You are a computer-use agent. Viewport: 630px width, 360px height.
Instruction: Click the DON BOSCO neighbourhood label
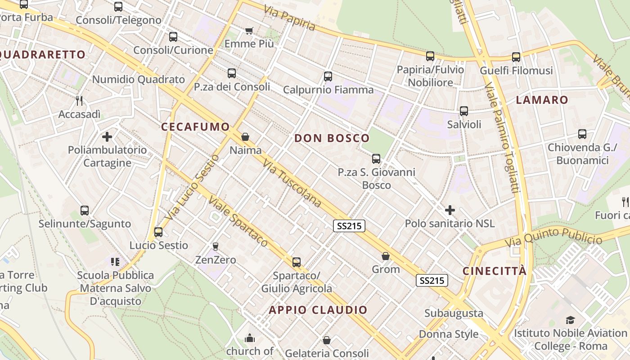[332, 138]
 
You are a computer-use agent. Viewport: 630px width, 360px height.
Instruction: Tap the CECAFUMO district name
[196, 127]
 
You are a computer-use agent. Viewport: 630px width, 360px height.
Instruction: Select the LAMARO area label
[542, 100]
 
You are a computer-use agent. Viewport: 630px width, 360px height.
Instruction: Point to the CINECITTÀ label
[495, 271]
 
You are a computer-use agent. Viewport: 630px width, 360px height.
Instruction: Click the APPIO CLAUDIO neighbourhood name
[318, 310]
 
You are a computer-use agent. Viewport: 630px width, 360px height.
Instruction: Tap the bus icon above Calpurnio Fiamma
[328, 76]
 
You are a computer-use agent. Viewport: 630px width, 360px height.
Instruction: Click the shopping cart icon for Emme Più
[249, 31]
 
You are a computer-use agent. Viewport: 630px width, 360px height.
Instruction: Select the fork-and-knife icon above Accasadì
[79, 100]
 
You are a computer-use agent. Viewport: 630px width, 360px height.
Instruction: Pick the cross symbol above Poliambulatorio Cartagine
[107, 136]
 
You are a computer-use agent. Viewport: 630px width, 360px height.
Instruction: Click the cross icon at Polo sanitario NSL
[450, 210]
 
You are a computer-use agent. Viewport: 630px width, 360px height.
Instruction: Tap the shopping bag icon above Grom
[386, 256]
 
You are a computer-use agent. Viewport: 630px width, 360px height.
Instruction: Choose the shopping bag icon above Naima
[245, 136]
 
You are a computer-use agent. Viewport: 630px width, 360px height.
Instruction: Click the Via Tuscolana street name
[292, 183]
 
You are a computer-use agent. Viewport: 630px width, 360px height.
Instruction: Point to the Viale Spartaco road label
[238, 223]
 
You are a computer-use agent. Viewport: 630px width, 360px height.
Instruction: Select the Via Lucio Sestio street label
[192, 188]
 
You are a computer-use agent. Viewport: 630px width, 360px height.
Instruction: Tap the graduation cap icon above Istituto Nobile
[570, 320]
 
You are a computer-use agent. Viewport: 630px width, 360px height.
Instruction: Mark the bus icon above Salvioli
[464, 111]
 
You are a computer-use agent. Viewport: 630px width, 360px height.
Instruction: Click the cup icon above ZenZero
[215, 246]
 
